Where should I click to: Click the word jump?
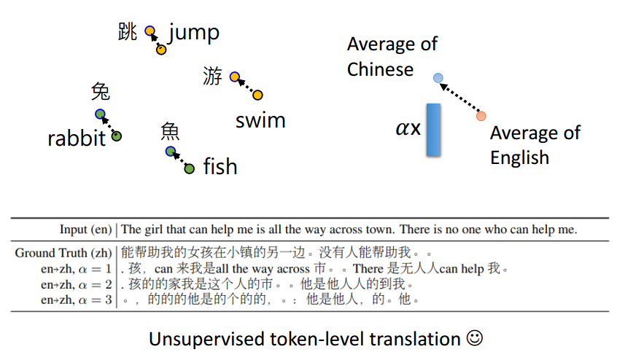[x=194, y=34]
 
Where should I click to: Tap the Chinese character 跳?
[x=128, y=32]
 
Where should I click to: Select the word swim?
[x=260, y=120]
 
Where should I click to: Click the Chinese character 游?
[x=212, y=76]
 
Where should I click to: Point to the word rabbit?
[x=77, y=138]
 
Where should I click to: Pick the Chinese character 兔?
[x=101, y=92]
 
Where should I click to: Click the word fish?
[x=220, y=167]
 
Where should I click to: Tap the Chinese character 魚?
[x=170, y=131]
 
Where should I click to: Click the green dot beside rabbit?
[x=117, y=136]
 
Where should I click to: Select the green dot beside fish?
[x=190, y=169]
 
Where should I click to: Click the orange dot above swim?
[x=257, y=95]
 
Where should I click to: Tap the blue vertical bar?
[x=433, y=130]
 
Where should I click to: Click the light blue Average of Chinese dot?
[x=438, y=77]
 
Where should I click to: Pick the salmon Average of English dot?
[x=481, y=116]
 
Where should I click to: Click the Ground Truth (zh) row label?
[x=64, y=253]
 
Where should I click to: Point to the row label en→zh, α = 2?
[x=76, y=283]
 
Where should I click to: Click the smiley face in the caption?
[x=476, y=339]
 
